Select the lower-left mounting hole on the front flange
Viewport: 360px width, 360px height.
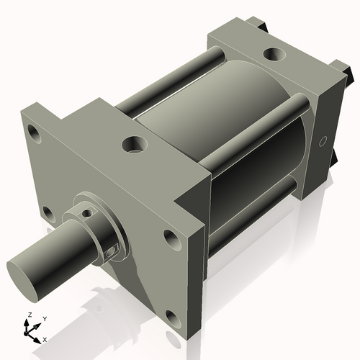[48, 213]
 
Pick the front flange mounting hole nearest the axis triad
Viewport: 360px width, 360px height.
[171, 316]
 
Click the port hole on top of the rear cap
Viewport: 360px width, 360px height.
[274, 54]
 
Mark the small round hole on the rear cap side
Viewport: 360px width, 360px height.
[323, 140]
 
